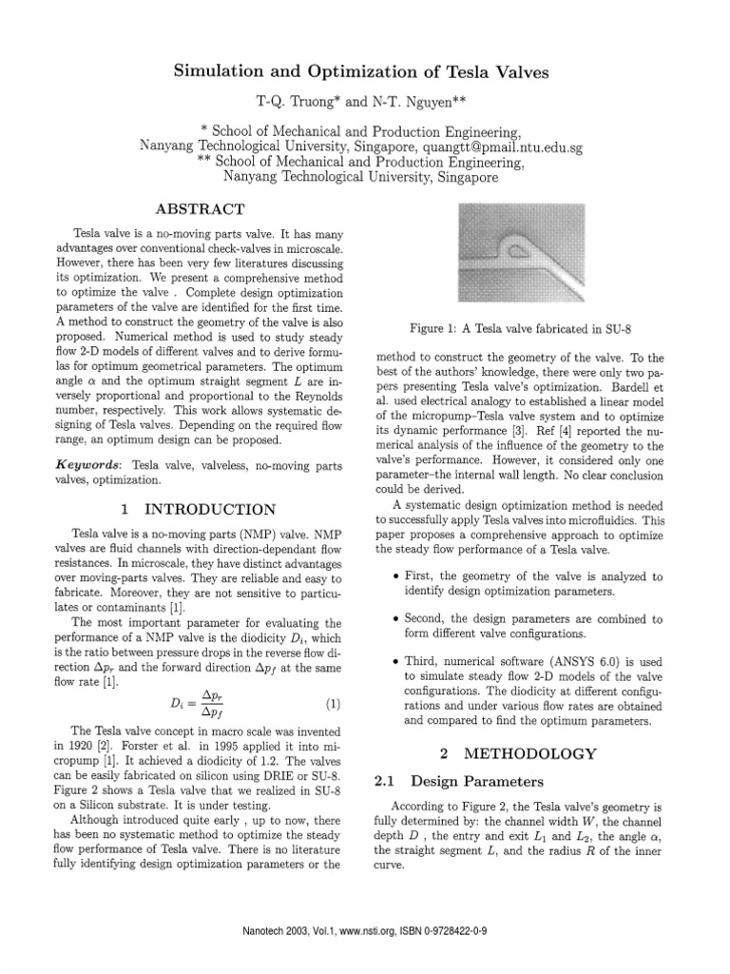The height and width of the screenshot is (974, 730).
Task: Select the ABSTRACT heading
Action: click(x=200, y=208)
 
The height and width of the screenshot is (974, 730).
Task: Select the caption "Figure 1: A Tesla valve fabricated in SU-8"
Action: click(x=518, y=328)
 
